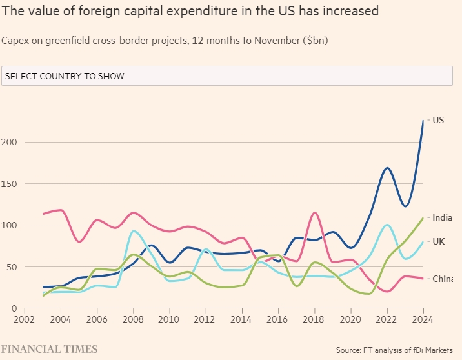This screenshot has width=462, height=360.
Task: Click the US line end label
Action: coord(438,120)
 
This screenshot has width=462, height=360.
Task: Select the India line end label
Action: coord(442,218)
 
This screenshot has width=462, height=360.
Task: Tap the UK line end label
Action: coord(439,241)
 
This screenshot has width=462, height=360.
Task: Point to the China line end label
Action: coord(442,279)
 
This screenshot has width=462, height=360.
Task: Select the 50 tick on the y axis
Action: coord(15,267)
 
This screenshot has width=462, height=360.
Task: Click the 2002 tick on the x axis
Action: coord(24,319)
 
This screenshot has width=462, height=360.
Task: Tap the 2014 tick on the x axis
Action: coord(242,319)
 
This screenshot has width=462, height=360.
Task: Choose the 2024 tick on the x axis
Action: coord(423,319)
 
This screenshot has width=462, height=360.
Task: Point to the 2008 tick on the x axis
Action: coord(133,319)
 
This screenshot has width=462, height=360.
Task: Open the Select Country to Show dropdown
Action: coord(226,76)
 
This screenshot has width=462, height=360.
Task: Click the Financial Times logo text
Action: coord(49,349)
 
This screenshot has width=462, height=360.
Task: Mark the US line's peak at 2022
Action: coord(387,168)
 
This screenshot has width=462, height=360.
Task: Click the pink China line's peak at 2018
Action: coord(315,212)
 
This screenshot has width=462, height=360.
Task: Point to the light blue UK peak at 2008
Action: coord(133,230)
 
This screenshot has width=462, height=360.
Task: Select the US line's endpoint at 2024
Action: coord(423,121)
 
